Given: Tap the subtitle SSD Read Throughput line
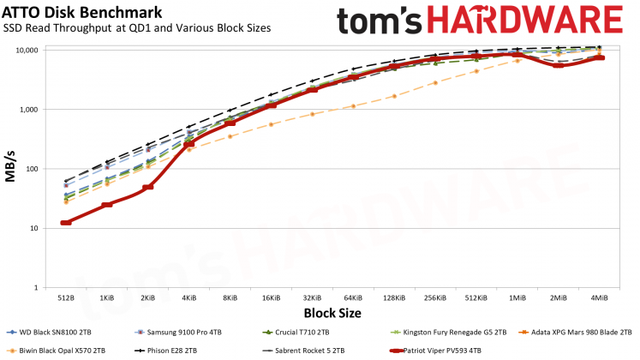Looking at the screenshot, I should (x=137, y=27).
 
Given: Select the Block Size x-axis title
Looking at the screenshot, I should (x=332, y=313).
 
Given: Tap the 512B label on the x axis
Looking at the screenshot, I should (x=66, y=297).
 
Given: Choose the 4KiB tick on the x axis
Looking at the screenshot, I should (x=188, y=297).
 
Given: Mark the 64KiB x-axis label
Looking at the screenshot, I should (x=353, y=297).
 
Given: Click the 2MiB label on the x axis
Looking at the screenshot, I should (x=559, y=297).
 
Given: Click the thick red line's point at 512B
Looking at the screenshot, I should (x=66, y=223).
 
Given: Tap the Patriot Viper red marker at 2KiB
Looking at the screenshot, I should (x=148, y=187).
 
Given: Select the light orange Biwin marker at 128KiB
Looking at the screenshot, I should (x=394, y=96).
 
